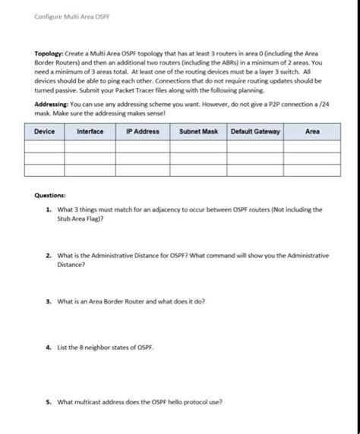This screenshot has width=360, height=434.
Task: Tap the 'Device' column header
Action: pyautogui.click(x=45, y=131)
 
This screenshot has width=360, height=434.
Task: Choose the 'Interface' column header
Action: pyautogui.click(x=90, y=131)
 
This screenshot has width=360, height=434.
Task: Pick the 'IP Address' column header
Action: pyautogui.click(x=143, y=131)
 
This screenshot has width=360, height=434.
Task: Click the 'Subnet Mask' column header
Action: pyautogui.click(x=198, y=131)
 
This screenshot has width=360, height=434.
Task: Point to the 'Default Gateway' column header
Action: pyautogui.click(x=255, y=131)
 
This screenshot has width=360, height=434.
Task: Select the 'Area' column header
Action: pyautogui.click(x=312, y=131)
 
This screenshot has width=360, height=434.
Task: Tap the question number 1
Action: pyautogui.click(x=48, y=209)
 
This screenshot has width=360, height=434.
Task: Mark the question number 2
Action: pyautogui.click(x=48, y=256)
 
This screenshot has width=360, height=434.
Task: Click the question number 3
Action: pyautogui.click(x=48, y=301)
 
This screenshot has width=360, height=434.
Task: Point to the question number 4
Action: pyautogui.click(x=48, y=347)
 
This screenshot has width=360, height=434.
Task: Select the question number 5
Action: pyautogui.click(x=48, y=402)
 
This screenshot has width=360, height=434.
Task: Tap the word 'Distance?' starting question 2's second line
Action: pyautogui.click(x=71, y=266)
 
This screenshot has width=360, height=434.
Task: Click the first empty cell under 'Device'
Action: pyautogui.click(x=45, y=146)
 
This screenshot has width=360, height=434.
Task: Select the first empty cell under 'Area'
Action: pyautogui.click(x=312, y=146)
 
